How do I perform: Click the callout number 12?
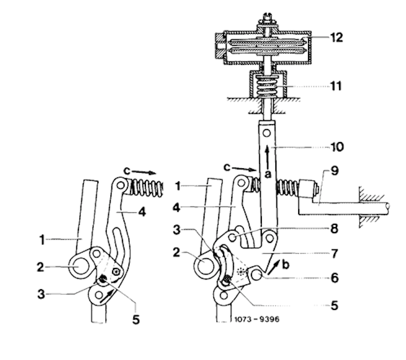coord(336,38)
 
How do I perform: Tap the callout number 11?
coord(336,86)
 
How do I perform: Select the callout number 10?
coord(337,147)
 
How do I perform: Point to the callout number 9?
coord(335,171)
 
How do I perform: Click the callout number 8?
coord(334,229)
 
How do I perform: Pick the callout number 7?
coord(335,253)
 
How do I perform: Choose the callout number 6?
coord(335,278)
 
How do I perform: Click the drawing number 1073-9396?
coord(256,319)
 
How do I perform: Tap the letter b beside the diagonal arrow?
coord(285,265)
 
